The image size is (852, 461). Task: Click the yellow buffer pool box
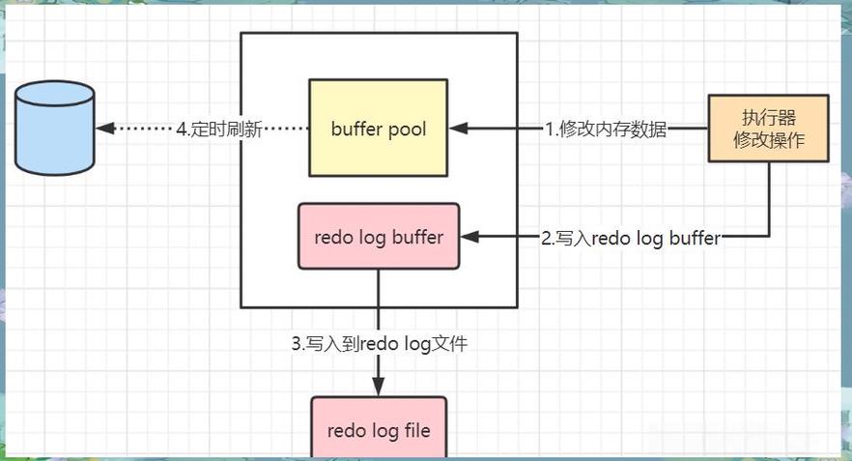(379, 128)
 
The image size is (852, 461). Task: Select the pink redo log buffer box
(379, 237)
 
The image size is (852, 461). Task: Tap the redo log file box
(379, 428)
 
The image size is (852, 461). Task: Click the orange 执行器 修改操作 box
(769, 128)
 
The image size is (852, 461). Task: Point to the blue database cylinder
(55, 129)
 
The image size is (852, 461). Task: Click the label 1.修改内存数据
(606, 129)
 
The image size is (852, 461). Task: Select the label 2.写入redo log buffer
(631, 238)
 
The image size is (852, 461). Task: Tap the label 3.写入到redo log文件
(379, 343)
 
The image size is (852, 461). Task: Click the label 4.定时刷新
(219, 129)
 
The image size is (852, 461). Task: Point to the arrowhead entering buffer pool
(457, 128)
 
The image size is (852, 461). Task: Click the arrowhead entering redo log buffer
(468, 237)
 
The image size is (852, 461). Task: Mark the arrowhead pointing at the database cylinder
(103, 129)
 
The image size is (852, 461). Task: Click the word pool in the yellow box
(407, 128)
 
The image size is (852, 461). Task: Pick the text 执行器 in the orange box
(769, 118)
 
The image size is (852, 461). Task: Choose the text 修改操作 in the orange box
(769, 140)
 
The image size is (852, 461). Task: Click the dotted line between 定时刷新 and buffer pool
(285, 129)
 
